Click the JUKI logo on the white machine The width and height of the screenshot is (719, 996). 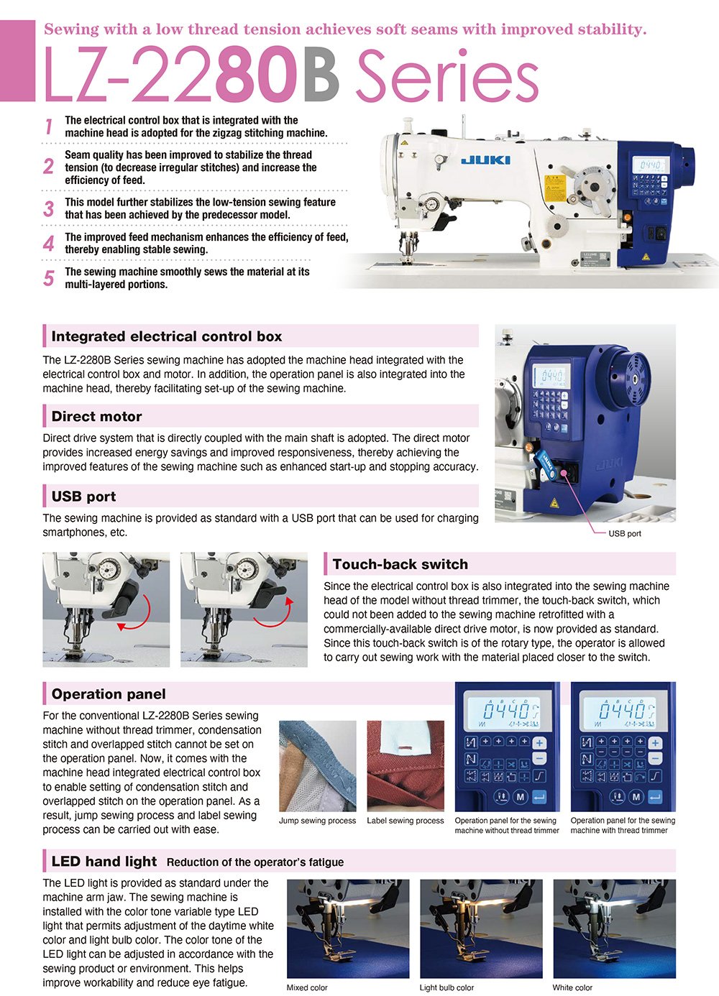coord(485,160)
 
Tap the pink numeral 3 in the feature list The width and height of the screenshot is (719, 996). coord(48,209)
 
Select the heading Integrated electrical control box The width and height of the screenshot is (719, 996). coord(167,336)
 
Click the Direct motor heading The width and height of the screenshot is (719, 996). coord(96,417)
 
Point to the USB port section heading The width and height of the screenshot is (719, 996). coord(83,497)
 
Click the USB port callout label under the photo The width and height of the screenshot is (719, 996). coord(624,533)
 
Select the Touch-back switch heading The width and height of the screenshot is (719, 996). coord(400,564)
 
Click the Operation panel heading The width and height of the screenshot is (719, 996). coord(109,694)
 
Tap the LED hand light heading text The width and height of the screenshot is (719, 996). coord(104,862)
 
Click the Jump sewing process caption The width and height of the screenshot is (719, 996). coord(317,821)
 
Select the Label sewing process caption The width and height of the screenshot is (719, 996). coord(406,821)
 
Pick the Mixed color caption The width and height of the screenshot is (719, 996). coord(307,987)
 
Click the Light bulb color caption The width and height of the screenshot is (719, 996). coord(446,987)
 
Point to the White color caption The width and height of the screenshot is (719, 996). coord(572,987)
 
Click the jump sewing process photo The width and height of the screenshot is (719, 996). coord(317,766)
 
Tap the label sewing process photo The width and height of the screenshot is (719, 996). coord(406,766)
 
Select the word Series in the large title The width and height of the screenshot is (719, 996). coord(447,78)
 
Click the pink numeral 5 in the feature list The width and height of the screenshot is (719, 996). coord(48,278)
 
